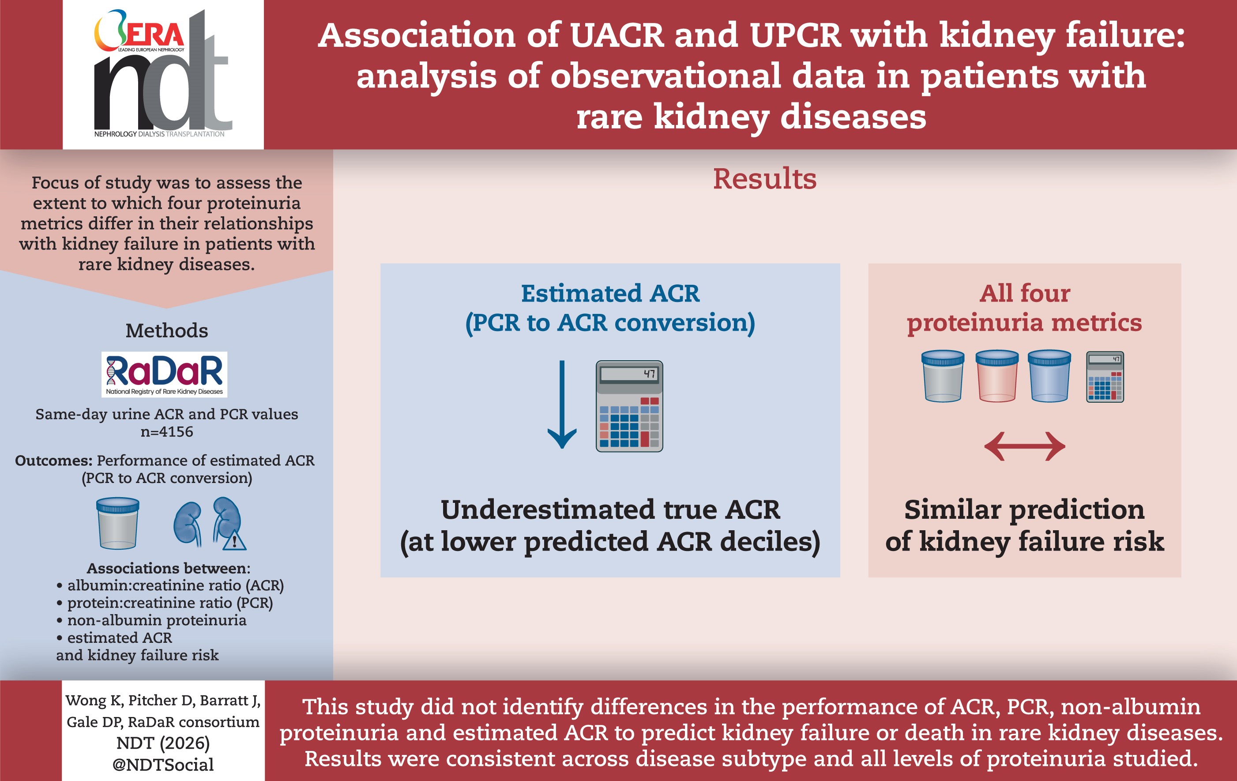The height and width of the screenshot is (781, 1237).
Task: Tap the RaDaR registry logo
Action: coord(164,374)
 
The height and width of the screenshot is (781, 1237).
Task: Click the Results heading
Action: coord(764,179)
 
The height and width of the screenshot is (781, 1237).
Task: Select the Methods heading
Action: coord(166,330)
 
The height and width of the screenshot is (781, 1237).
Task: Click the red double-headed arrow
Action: coord(1024,446)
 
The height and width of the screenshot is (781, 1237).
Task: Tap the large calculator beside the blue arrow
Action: coord(629,406)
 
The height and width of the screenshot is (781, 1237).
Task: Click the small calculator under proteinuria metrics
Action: coord(1105,377)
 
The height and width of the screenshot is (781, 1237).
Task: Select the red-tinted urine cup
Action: coord(996,376)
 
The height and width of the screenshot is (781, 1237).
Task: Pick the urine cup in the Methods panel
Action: coord(118,523)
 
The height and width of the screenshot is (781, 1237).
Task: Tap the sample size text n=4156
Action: coord(167,432)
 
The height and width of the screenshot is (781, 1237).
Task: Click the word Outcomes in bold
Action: coord(53,460)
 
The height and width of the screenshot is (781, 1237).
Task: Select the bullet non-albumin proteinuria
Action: coord(157,620)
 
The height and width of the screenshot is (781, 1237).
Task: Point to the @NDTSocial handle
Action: coord(163,765)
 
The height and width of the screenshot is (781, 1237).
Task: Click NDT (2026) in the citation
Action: coord(163,743)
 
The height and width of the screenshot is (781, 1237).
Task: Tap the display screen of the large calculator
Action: coord(629,374)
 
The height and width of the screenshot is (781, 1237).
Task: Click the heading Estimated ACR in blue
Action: coord(610,294)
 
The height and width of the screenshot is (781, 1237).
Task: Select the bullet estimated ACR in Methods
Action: coord(120,638)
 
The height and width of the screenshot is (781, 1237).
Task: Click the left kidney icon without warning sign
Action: coord(188,523)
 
